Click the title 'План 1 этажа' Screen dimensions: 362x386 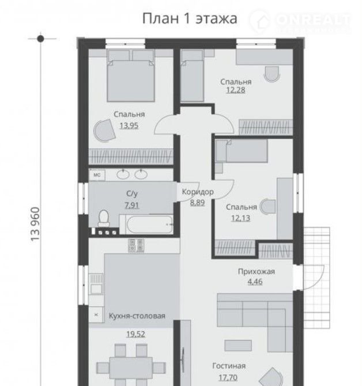190,18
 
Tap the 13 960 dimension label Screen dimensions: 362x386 35,224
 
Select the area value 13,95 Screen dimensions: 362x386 129,126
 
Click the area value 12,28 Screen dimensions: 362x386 236,90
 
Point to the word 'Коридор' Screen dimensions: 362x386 198,192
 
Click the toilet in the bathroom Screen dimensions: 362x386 104,218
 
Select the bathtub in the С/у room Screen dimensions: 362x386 149,224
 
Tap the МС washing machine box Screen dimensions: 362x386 97,175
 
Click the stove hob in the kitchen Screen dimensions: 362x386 136,245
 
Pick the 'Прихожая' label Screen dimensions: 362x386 257,272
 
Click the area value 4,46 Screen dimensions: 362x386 255,282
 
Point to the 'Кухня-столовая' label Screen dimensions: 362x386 137,316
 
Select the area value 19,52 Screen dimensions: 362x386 136,334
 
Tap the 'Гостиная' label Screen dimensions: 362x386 229,366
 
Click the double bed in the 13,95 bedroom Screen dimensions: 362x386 131,76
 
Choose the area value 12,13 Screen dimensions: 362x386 240,218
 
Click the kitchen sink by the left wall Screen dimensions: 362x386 96,284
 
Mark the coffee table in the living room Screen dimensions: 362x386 238,346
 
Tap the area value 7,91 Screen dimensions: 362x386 132,205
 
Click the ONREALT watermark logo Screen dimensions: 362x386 300,21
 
